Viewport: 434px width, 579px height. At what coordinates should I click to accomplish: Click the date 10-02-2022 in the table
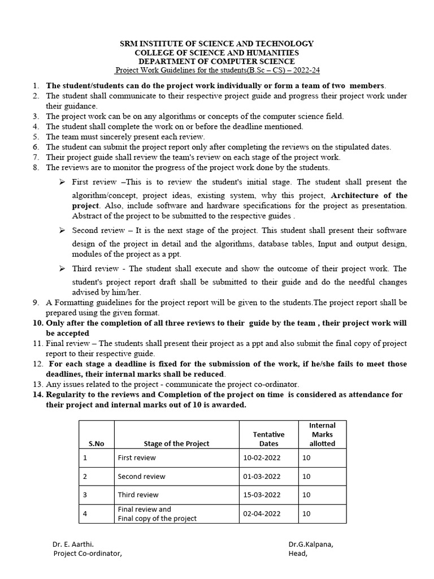(x=262, y=457)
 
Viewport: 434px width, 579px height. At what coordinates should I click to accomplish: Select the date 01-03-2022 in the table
(x=262, y=477)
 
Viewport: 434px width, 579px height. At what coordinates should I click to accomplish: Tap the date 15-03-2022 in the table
(x=262, y=495)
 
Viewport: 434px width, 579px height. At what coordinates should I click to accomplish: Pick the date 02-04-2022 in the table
(x=262, y=514)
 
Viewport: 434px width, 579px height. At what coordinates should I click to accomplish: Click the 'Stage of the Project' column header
(x=176, y=444)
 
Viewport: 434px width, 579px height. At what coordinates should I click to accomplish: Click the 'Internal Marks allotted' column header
(x=322, y=434)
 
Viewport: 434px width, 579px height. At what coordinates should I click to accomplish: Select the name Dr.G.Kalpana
(x=311, y=544)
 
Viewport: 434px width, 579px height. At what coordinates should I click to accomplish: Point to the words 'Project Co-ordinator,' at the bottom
(x=88, y=554)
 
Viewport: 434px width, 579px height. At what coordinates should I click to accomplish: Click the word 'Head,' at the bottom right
(x=298, y=554)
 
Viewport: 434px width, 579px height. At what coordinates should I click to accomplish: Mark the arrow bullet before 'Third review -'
(x=62, y=269)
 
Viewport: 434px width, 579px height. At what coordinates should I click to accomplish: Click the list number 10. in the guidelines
(x=37, y=323)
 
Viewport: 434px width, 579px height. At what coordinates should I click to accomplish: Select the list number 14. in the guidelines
(x=37, y=395)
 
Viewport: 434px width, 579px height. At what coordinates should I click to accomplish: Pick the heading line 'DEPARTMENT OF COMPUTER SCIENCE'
(x=216, y=61)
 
